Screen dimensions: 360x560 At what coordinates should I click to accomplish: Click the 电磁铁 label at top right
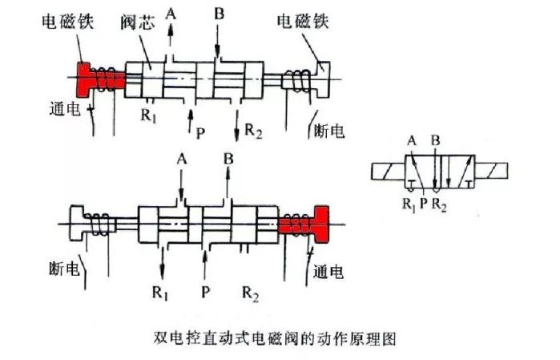point(302,21)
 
